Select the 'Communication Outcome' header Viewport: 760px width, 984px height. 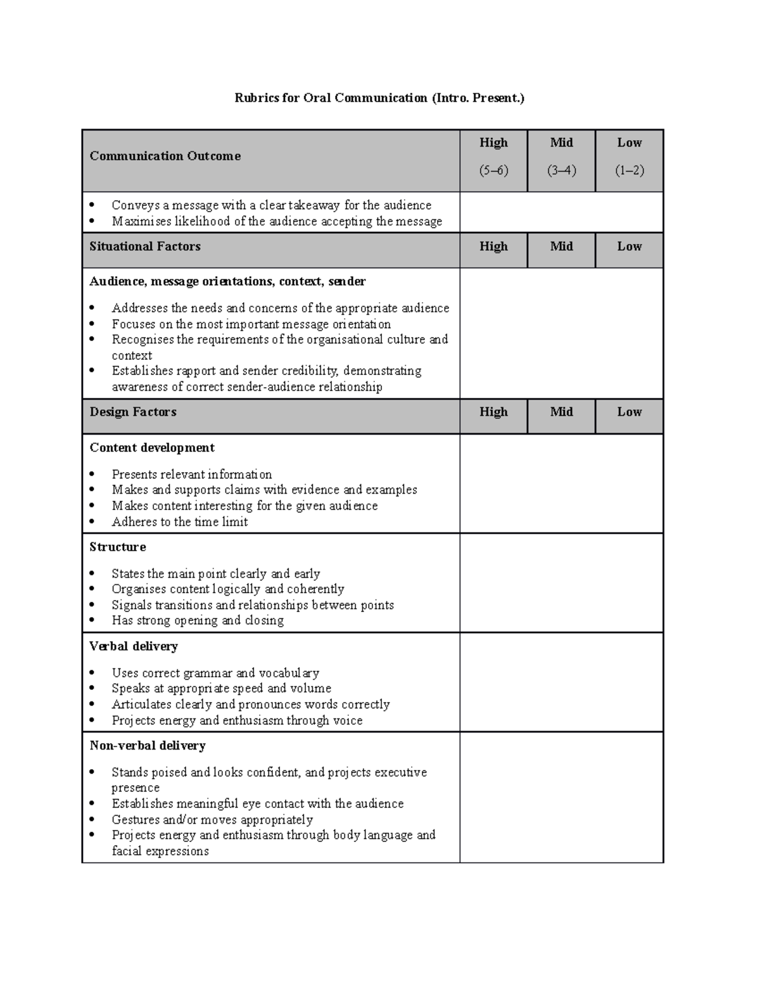click(165, 156)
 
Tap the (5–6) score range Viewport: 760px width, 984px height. click(493, 170)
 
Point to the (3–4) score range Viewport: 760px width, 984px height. click(562, 170)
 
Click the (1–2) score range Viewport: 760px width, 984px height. click(630, 170)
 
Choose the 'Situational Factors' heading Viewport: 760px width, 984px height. click(145, 246)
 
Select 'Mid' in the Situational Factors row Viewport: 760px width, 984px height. click(562, 246)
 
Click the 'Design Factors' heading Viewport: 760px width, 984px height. click(133, 412)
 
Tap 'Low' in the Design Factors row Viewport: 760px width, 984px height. click(630, 412)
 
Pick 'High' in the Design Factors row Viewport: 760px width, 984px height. click(493, 412)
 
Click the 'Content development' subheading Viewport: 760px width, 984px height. click(152, 447)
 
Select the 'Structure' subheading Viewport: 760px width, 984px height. click(118, 547)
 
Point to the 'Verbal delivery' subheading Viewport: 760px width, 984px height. click(134, 646)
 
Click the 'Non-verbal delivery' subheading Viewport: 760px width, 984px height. click(148, 746)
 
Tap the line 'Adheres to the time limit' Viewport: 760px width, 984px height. click(180, 521)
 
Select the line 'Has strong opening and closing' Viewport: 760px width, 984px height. click(198, 620)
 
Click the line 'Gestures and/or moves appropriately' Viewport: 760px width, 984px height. click(212, 819)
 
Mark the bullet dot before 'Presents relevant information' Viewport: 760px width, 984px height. click(93, 474)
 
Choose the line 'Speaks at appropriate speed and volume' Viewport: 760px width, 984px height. click(222, 688)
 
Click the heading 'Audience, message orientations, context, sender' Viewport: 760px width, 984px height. click(228, 281)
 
